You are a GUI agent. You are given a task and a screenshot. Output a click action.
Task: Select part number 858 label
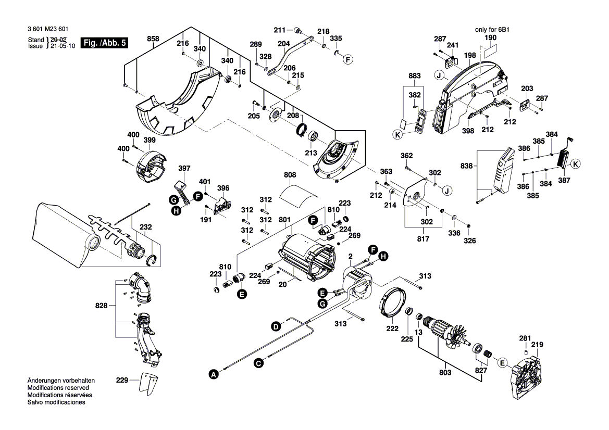[x=153, y=39]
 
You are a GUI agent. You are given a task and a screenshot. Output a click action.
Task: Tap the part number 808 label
[x=290, y=175]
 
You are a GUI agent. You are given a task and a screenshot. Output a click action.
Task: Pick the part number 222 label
[x=392, y=328]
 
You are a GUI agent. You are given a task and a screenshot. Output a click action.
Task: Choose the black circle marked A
[x=212, y=373]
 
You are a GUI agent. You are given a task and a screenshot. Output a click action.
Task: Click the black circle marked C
[x=258, y=364]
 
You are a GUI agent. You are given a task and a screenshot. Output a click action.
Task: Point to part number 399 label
[x=150, y=140]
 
